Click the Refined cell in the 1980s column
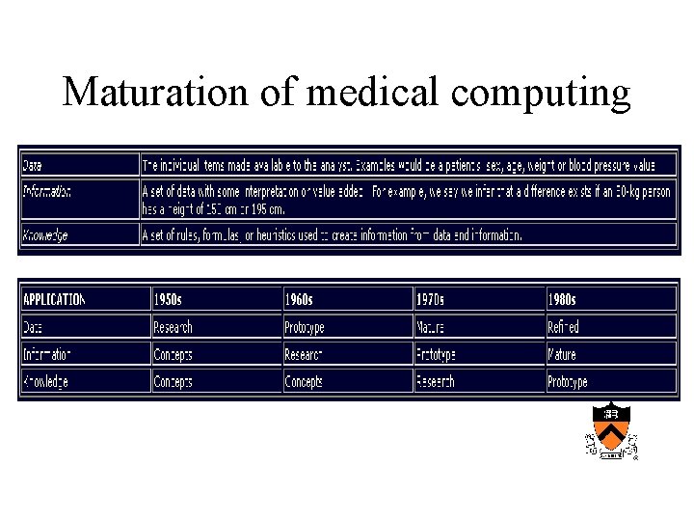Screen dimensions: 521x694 (563, 327)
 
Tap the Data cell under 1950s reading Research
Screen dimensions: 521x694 (173, 327)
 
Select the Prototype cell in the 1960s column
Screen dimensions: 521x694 (305, 327)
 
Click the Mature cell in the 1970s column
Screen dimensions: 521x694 (430, 327)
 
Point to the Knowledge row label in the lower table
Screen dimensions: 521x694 (45, 381)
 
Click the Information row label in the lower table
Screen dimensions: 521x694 (47, 354)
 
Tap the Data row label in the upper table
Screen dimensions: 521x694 (33, 165)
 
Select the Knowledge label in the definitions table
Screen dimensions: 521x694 (45, 234)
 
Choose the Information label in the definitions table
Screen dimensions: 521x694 (47, 191)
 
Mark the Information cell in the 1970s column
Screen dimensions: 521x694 (436, 354)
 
